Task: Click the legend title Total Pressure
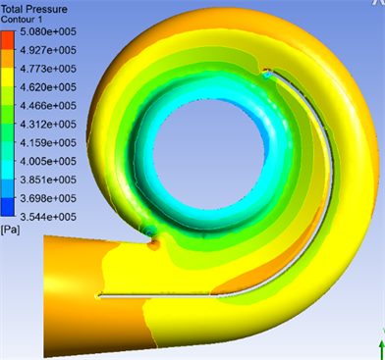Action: click(x=34, y=9)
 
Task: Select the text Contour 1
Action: click(x=22, y=20)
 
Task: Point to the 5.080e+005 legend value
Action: click(x=48, y=31)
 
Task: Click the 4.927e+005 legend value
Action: click(x=48, y=50)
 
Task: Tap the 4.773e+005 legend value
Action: click(x=48, y=69)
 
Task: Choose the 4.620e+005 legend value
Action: click(x=48, y=87)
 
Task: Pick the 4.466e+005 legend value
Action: click(x=48, y=106)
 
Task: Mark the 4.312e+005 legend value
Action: click(x=48, y=125)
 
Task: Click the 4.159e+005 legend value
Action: click(x=48, y=143)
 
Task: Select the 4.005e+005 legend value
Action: click(x=48, y=161)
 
